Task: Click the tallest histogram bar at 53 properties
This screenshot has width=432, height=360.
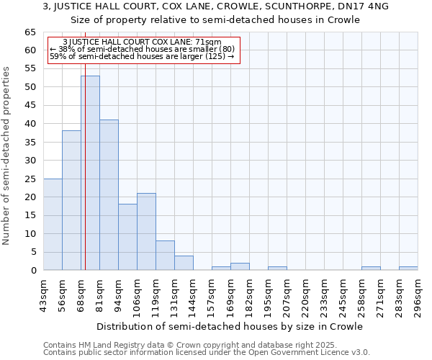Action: [90, 173]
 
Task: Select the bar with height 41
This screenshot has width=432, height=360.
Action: [109, 194]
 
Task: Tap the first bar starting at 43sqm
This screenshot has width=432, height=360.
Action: [53, 224]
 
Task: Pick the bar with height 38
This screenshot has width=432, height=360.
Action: [71, 200]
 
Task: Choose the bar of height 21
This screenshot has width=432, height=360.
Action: [146, 231]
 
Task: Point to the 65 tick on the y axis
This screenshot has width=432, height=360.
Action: [30, 32]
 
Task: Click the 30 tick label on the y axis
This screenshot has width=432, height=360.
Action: [30, 161]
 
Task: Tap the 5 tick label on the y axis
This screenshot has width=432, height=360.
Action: [32, 252]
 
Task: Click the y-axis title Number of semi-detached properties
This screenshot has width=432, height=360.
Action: [7, 156]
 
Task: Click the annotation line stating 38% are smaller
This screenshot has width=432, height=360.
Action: [142, 49]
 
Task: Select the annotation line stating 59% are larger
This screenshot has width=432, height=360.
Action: [142, 55]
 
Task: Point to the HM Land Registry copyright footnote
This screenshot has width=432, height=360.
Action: [206, 345]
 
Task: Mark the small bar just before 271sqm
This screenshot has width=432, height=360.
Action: [371, 269]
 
